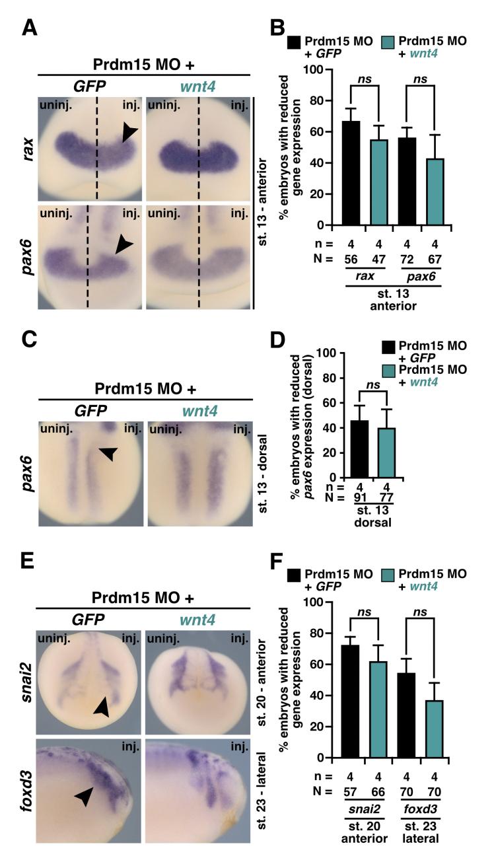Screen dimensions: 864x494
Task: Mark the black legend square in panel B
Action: coord(295,44)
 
